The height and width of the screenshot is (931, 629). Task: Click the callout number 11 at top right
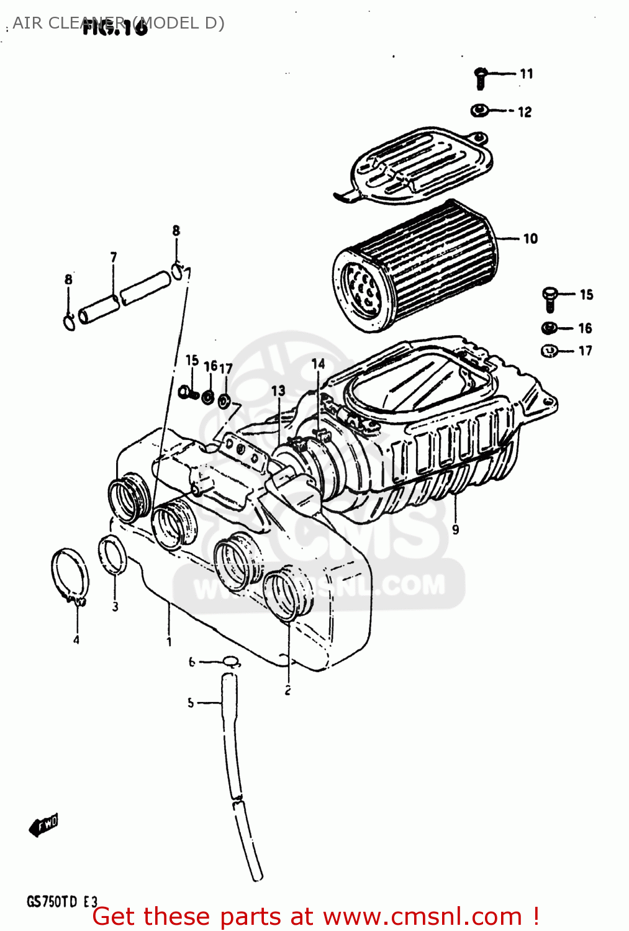526,74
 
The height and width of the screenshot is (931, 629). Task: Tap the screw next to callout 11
480,77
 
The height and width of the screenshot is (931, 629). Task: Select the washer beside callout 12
479,110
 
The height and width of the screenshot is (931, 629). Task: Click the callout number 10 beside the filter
530,239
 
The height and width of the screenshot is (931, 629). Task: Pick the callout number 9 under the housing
455,529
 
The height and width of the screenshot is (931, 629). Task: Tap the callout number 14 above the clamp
318,364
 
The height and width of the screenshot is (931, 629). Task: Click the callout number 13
278,391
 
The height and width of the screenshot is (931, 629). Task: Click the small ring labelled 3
112,555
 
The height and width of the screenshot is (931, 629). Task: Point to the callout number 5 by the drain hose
191,703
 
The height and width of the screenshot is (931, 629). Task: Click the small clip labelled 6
230,660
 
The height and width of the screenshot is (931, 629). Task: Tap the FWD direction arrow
43,825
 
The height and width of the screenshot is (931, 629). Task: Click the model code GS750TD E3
61,901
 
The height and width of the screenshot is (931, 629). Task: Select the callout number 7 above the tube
114,257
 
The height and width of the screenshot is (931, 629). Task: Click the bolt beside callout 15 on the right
550,298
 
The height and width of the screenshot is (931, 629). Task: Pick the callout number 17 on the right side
585,351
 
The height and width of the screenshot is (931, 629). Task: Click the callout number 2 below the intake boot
287,690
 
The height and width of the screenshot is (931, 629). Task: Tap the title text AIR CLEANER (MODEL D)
118,23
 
